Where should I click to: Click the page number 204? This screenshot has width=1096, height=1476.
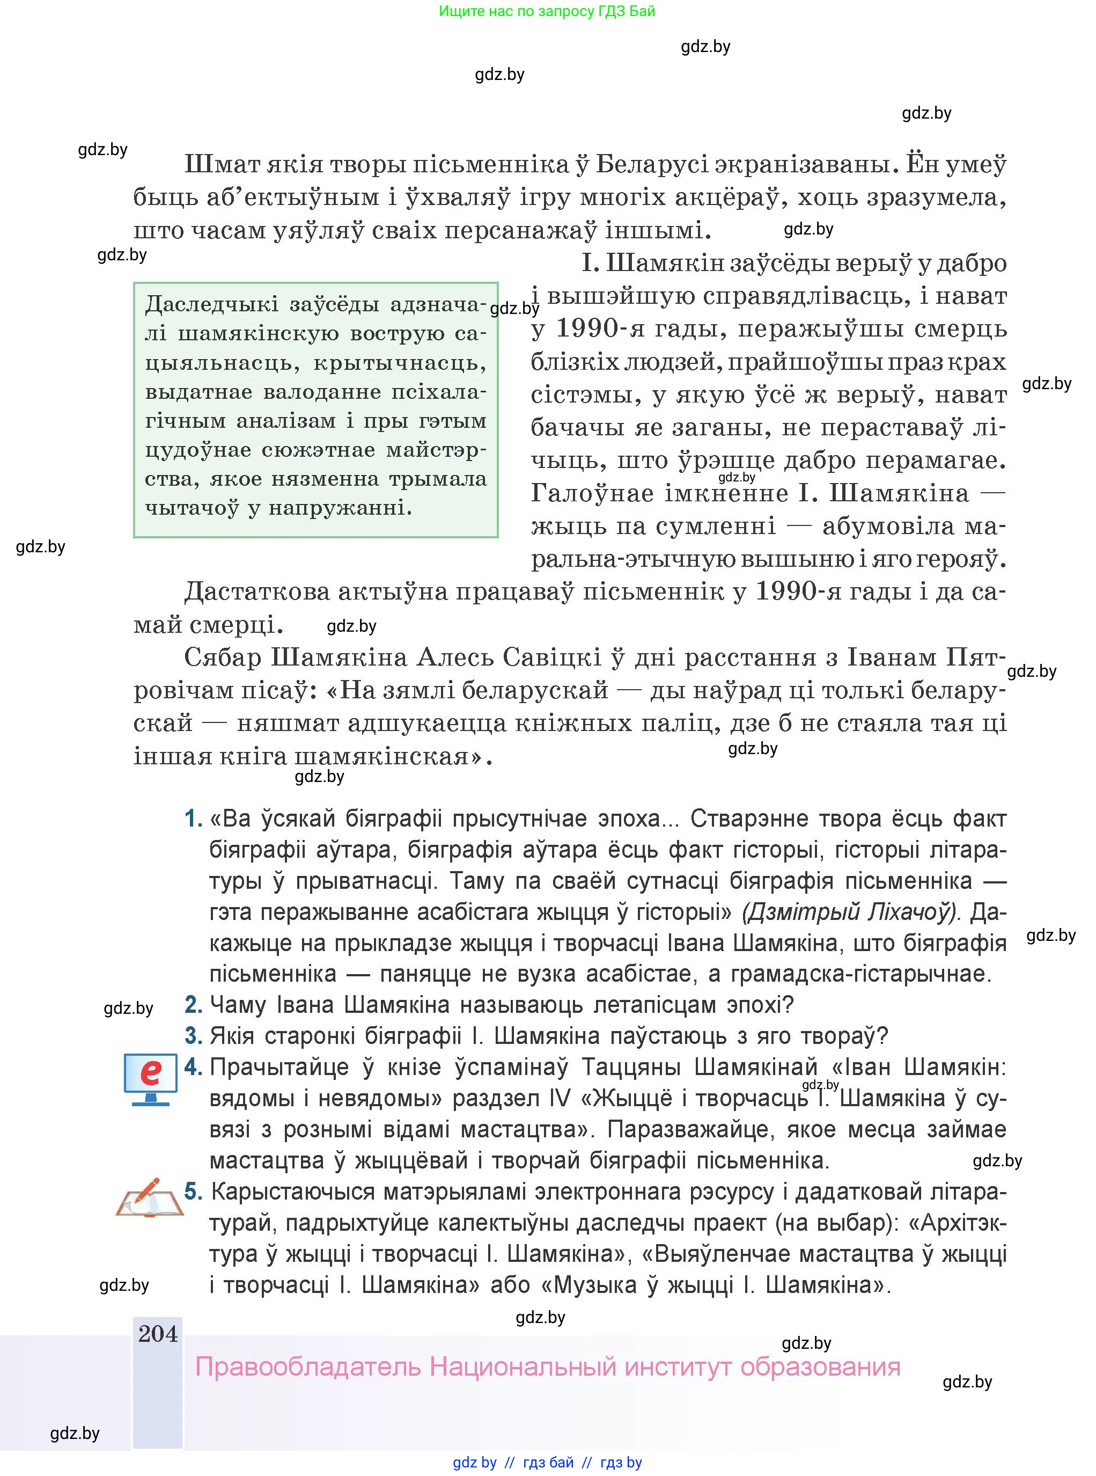pyautogui.click(x=158, y=1333)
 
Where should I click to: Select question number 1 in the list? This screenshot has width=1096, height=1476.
pyautogui.click(x=193, y=819)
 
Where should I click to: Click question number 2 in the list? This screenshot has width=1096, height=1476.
pyautogui.click(x=193, y=1005)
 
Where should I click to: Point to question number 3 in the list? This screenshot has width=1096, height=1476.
pyautogui.click(x=193, y=1036)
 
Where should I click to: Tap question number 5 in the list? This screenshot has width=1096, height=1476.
pyautogui.click(x=193, y=1192)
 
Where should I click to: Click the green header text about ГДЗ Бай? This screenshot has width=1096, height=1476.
pyautogui.click(x=547, y=11)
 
